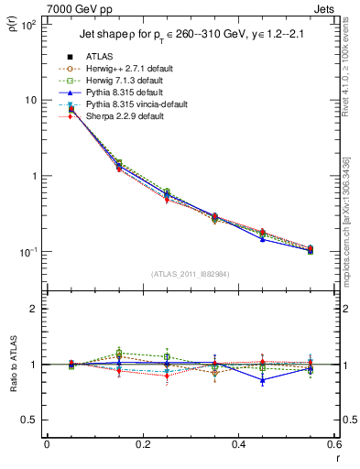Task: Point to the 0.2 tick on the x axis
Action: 143,444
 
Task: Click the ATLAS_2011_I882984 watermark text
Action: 191,273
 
